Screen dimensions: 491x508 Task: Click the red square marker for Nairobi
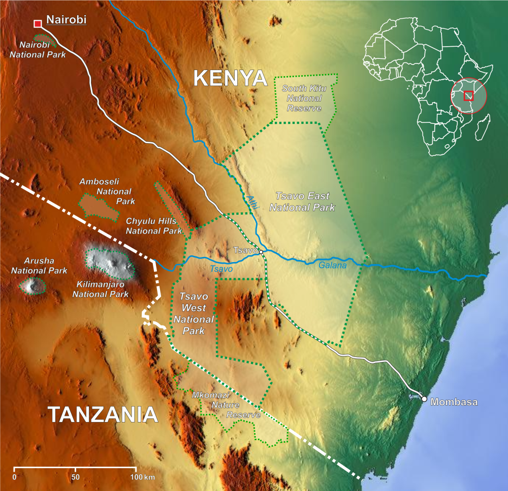(x=37, y=23)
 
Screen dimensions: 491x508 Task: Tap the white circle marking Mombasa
(x=424, y=399)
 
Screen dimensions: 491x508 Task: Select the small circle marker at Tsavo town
(x=261, y=251)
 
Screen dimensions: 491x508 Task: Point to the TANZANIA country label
(x=103, y=415)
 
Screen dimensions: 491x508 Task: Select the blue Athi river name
(x=253, y=202)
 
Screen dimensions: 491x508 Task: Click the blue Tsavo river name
(x=220, y=269)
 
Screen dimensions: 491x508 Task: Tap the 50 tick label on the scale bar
(x=75, y=477)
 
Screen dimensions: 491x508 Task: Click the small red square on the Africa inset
(x=468, y=95)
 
